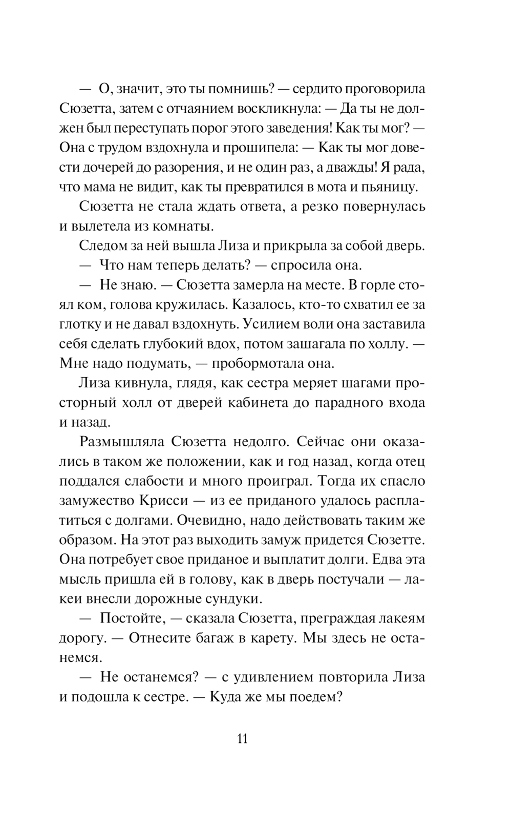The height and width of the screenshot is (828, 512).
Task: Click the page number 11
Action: pos(243,739)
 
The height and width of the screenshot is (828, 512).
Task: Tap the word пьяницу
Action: pos(389,187)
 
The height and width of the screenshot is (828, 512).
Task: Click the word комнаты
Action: pos(181,226)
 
